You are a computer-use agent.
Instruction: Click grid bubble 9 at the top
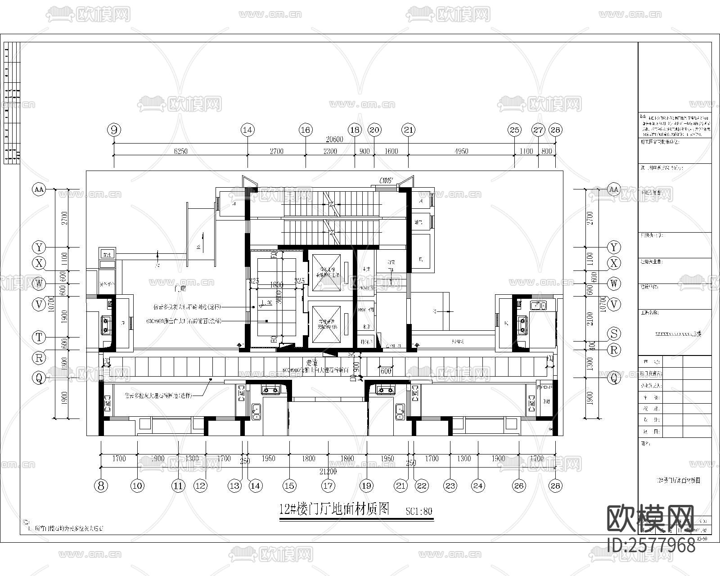114,130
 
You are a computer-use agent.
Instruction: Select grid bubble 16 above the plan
306,130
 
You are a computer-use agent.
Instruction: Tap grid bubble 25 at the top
514,130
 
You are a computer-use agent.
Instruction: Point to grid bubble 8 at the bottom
101,485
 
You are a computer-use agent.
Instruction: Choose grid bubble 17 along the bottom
328,485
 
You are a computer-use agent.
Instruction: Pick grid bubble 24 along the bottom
478,485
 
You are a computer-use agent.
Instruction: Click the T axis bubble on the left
39,337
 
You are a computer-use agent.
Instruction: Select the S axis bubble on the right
614,333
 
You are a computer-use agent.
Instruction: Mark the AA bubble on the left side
39,189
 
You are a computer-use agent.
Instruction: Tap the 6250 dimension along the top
180,151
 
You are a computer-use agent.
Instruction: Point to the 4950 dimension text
461,151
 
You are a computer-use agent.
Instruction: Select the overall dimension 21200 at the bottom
328,472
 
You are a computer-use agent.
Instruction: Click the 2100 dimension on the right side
590,319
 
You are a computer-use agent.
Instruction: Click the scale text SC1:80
418,511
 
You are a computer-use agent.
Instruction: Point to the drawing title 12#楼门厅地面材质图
334,509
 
